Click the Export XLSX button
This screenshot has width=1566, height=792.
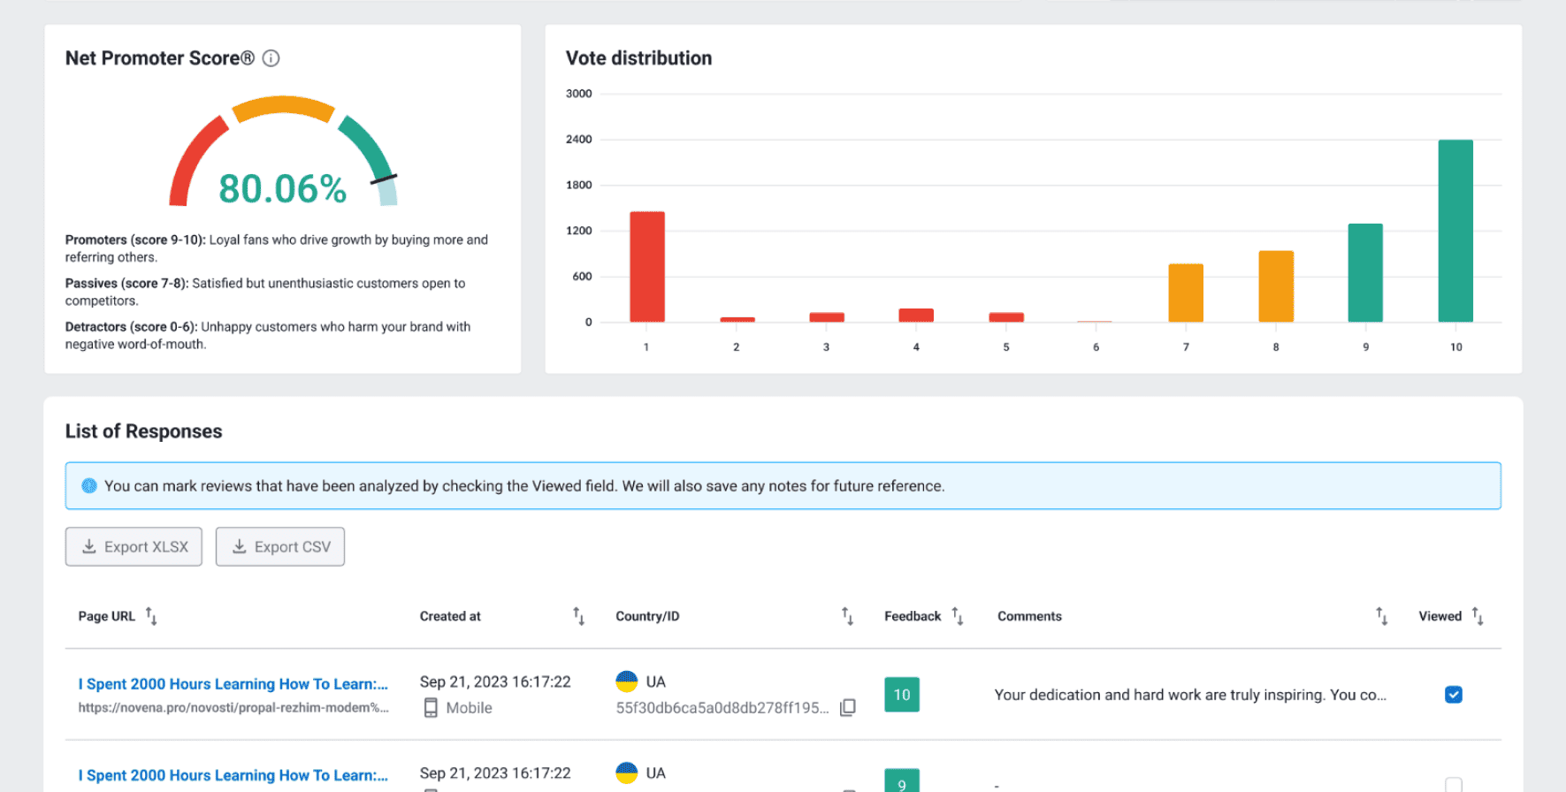pos(134,547)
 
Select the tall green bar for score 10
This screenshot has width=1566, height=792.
pos(1455,231)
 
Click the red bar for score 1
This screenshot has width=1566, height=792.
pos(647,267)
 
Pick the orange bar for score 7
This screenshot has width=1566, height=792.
pos(1186,293)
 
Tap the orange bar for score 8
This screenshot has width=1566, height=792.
pos(1276,286)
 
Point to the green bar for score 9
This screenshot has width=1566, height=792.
pos(1365,273)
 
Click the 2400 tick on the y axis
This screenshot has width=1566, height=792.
pos(579,140)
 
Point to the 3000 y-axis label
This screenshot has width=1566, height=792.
pos(579,94)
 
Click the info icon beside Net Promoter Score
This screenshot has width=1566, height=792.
pos(271,58)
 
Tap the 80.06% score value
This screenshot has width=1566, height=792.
pos(283,188)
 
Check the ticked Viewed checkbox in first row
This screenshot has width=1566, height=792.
pos(1454,695)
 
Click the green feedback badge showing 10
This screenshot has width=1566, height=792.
pos(902,695)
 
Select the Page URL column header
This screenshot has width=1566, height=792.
pos(106,616)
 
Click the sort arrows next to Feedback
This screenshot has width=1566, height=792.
pos(958,616)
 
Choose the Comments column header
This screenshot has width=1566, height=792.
pos(1029,616)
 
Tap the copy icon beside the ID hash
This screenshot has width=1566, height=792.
pos(848,707)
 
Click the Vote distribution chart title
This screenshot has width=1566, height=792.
pos(638,58)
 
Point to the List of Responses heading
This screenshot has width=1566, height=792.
pos(143,431)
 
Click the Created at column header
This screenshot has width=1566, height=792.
pos(450,616)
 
